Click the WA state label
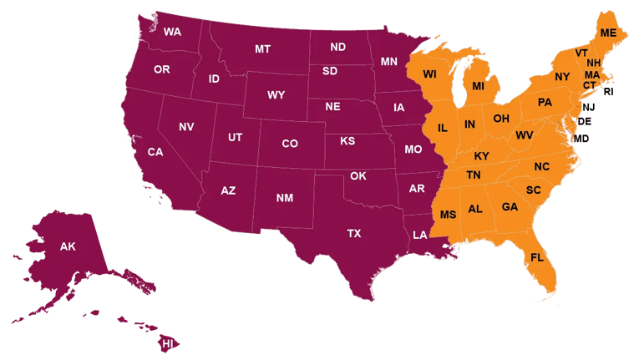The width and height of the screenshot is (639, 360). (x=173, y=33)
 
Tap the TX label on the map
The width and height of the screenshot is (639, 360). (x=354, y=233)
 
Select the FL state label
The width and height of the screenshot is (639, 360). (x=537, y=257)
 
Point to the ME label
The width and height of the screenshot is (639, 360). (x=608, y=33)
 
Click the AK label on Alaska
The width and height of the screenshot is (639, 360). (x=68, y=246)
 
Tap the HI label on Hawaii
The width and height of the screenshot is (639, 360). (x=168, y=343)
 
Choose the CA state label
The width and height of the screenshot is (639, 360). (x=155, y=152)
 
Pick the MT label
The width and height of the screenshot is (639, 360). (x=262, y=49)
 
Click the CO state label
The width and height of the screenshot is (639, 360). (x=290, y=144)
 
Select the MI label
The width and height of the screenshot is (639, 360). (x=479, y=86)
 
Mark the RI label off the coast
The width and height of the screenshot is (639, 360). (x=608, y=92)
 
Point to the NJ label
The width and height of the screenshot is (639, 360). (x=589, y=107)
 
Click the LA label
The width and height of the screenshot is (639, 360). (x=419, y=235)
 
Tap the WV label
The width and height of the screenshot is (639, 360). (x=525, y=135)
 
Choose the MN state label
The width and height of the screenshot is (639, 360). (x=389, y=62)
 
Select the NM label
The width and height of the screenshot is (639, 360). (x=285, y=198)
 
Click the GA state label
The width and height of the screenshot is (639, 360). (x=510, y=206)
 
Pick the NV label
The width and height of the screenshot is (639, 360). (x=186, y=127)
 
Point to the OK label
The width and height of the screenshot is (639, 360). (x=358, y=176)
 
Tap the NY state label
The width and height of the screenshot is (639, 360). (x=561, y=77)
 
